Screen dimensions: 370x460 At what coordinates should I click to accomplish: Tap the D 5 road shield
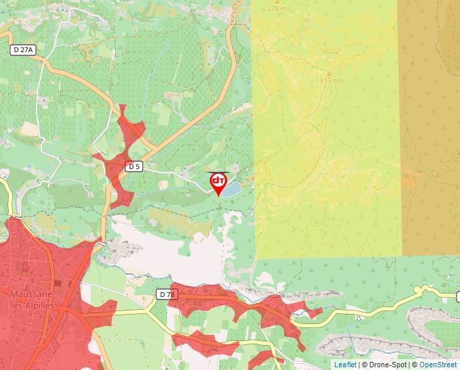pyautogui.click(x=134, y=166)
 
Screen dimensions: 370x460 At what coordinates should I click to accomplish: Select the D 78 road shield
pyautogui.click(x=166, y=294)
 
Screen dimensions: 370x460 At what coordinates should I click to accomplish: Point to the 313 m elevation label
pyautogui.click(x=329, y=80)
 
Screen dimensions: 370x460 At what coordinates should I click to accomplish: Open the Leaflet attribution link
pyautogui.click(x=345, y=365)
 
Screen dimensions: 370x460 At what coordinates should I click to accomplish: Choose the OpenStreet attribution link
pyautogui.click(x=439, y=365)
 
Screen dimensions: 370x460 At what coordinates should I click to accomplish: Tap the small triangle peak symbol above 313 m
pyautogui.click(x=329, y=72)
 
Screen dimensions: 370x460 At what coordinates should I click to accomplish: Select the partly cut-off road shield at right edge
pyautogui.click(x=458, y=297)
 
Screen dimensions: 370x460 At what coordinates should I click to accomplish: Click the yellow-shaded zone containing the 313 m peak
pyautogui.click(x=325, y=149)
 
